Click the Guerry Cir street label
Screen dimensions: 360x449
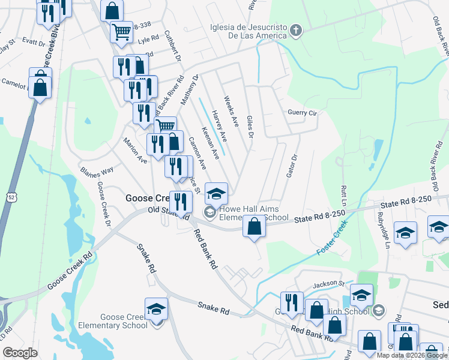coord(302,113)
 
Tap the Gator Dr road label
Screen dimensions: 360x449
coord(294,164)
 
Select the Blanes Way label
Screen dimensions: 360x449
coord(97,170)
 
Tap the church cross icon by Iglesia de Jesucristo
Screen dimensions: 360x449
coord(295,31)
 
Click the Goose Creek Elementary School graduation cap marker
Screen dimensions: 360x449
coord(156,308)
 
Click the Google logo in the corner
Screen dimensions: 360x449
coord(20,353)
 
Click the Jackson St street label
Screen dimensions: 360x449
coord(328,283)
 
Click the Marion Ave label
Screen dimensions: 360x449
coord(135,152)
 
